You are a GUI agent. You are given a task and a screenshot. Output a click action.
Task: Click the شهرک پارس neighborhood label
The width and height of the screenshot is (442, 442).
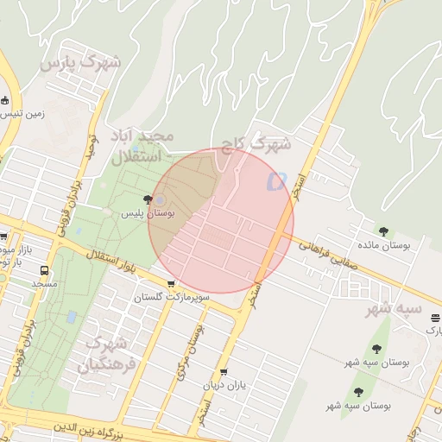pos(83,63)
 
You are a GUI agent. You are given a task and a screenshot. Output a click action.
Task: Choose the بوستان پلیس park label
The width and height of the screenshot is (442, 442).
pos(147,212)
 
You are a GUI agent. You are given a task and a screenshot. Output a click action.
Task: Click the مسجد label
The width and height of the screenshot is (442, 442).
pos(44,283)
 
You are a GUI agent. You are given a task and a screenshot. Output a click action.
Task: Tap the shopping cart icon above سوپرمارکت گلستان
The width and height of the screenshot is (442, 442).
pos(171,284)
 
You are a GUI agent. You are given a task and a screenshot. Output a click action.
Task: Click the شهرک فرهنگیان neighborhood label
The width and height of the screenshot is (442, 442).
pos(109,354)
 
